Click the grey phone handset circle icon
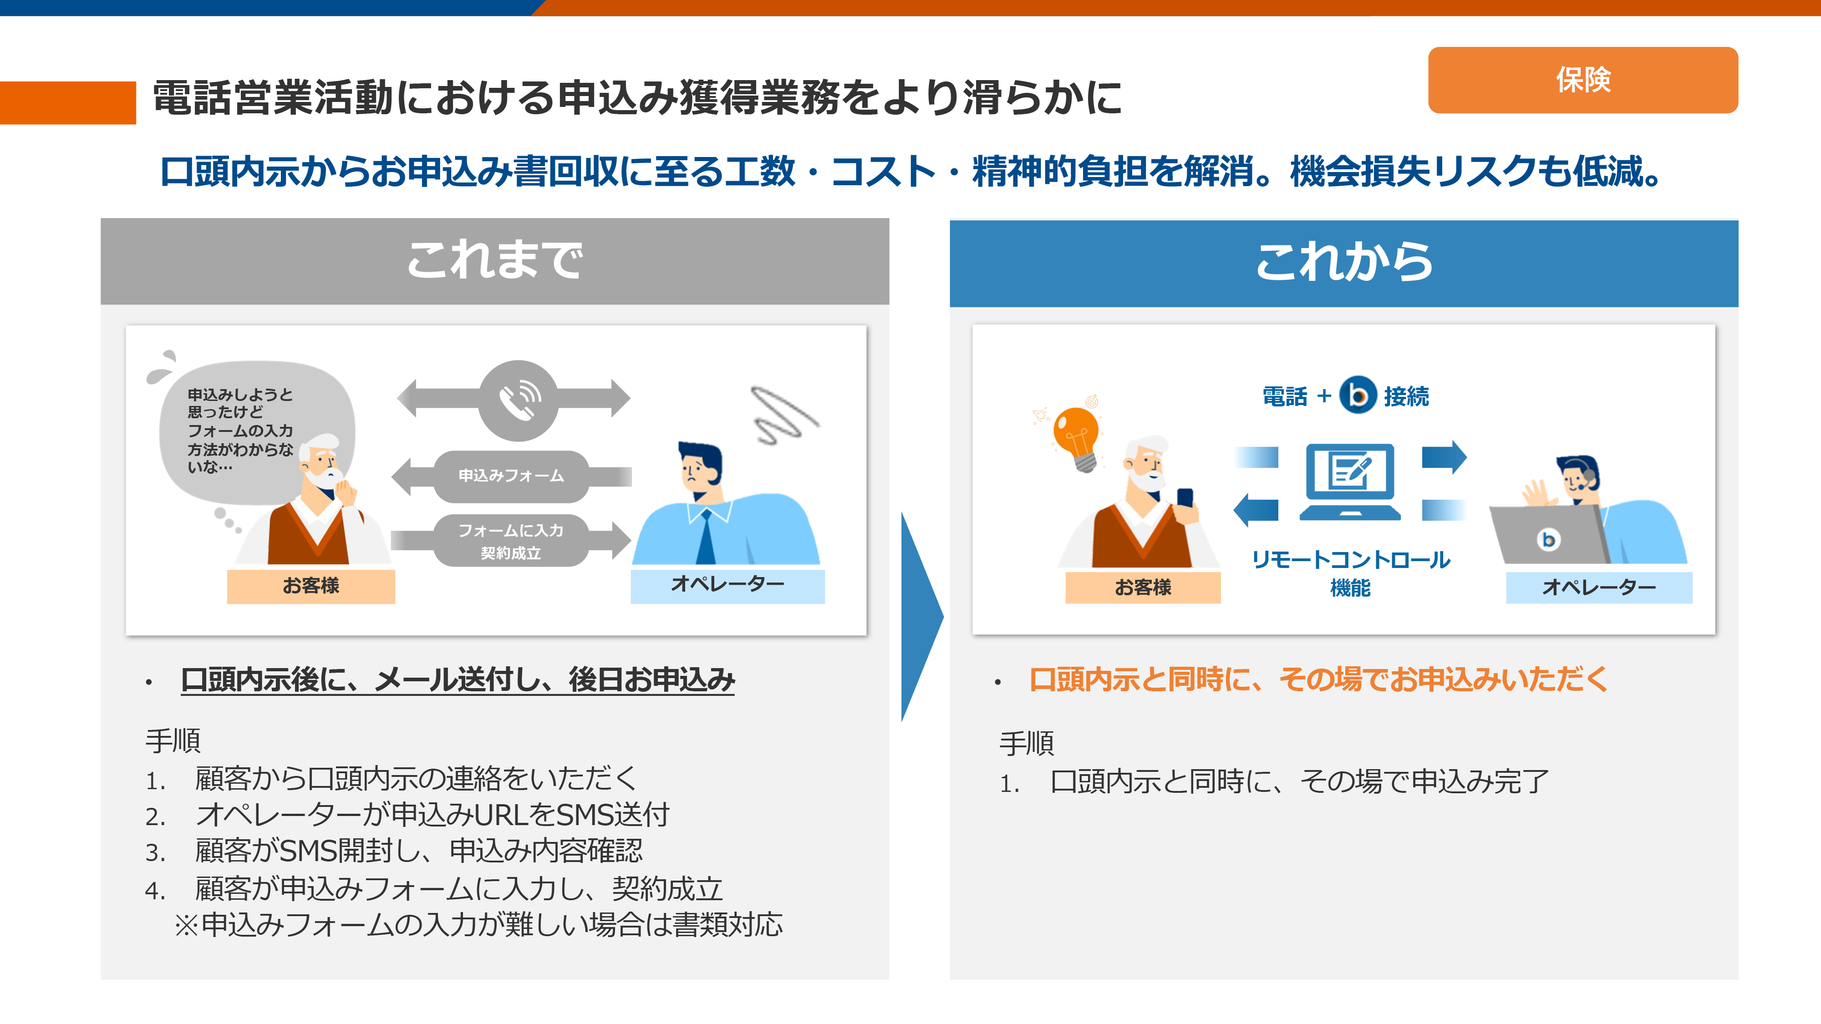pos(518,400)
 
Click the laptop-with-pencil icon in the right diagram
pos(1350,481)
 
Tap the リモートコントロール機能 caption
pos(1350,573)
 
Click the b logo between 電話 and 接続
pos(1357,394)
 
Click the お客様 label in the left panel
pos(311,586)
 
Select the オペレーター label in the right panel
pos(1598,587)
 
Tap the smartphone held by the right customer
pos(1184,498)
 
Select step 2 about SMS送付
pos(407,815)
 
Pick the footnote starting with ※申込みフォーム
pos(478,924)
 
